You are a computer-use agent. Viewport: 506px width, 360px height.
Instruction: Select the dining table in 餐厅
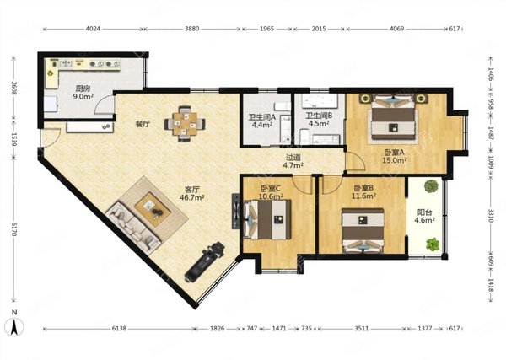(185, 124)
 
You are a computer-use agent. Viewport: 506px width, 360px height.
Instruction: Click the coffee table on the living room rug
(153, 209)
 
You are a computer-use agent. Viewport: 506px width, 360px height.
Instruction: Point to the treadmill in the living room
(205, 262)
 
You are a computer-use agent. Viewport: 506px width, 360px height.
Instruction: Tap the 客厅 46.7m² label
(191, 193)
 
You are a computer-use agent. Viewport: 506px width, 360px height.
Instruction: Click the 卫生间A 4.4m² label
(261, 121)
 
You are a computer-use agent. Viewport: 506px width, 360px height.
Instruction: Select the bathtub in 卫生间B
(319, 101)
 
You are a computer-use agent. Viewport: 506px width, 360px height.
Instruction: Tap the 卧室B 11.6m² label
(363, 191)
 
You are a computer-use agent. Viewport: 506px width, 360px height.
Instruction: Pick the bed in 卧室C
(267, 220)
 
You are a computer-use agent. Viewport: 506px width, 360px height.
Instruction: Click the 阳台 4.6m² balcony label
(424, 217)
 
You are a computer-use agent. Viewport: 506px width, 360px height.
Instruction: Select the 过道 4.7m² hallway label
(293, 162)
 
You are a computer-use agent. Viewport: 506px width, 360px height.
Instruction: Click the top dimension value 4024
(93, 29)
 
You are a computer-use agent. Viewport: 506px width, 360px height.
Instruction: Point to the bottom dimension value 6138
(119, 329)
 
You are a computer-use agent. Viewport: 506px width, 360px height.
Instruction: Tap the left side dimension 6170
(13, 228)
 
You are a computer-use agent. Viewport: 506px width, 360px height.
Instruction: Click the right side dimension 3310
(491, 216)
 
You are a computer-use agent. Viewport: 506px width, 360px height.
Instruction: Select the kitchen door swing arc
(103, 103)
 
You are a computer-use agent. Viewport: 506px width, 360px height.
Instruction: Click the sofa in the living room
(132, 227)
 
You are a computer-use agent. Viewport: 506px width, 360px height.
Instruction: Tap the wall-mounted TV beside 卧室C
(235, 212)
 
